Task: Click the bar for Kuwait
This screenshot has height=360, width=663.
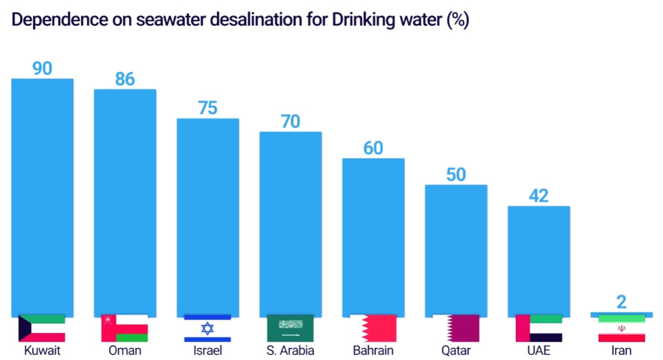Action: click(42, 194)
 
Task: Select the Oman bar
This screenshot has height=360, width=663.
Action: click(125, 201)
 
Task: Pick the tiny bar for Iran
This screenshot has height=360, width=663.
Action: click(622, 315)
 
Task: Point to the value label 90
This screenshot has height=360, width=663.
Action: click(42, 68)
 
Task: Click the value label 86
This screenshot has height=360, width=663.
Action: click(125, 79)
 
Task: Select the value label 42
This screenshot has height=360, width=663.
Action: click(539, 196)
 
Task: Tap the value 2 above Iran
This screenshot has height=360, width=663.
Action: click(622, 302)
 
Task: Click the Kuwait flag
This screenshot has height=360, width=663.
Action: click(42, 328)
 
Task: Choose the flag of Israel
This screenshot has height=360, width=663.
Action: click(208, 328)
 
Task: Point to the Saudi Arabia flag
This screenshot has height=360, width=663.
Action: click(291, 328)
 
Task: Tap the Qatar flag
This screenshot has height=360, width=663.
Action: click(456, 328)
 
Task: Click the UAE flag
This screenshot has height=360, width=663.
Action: click(539, 328)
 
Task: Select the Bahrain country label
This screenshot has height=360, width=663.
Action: click(373, 351)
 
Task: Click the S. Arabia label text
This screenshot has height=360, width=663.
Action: click(291, 351)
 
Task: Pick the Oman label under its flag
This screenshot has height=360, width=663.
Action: click(125, 351)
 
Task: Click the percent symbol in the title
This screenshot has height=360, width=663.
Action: click(457, 20)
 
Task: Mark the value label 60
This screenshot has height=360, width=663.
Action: click(373, 148)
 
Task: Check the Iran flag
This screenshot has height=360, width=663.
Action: click(622, 329)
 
